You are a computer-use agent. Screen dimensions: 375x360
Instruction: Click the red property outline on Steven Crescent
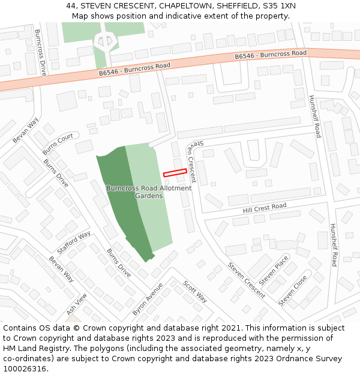point(175,172)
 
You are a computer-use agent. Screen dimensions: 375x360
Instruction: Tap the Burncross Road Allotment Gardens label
point(149,192)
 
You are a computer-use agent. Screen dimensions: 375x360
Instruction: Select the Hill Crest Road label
point(265,209)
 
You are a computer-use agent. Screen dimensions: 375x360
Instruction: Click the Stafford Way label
point(74,242)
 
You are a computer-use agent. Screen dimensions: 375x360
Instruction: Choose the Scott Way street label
point(195,292)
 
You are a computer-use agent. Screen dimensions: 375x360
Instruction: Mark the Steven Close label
point(293,290)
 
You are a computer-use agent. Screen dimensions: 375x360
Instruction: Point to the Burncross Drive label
point(40,52)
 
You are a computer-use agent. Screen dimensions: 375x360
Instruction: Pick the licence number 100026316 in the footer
point(25,368)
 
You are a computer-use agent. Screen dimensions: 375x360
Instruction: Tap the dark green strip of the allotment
point(123,204)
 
